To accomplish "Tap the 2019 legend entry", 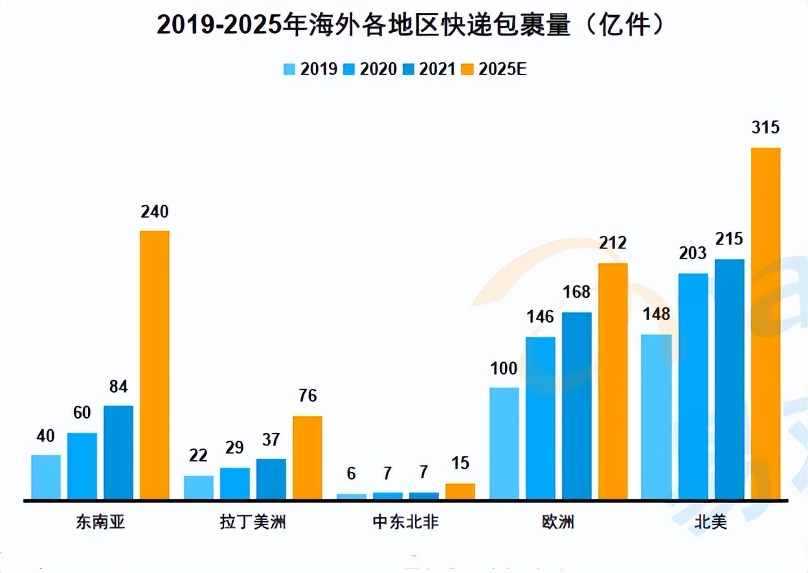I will pos(310,69).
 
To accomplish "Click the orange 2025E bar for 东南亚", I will pos(155,364).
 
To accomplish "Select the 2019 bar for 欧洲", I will pos(504,443).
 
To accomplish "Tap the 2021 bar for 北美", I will pos(730,379).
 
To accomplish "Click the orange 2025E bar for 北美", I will pos(766,323).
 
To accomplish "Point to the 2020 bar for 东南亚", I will pos(82,465).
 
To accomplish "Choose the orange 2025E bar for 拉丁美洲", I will pos(307,457).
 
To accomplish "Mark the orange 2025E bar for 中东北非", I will pos(460,491).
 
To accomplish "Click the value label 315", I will pos(765,128).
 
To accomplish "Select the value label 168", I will pos(576,292).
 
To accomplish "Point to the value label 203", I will pos(693,253).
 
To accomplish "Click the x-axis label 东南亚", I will pos(100,522).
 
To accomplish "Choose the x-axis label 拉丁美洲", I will pos(252,522).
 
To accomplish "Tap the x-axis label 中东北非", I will pos(405,522).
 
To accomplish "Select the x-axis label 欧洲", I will pos(558,522).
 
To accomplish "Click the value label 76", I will pos(307,396).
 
